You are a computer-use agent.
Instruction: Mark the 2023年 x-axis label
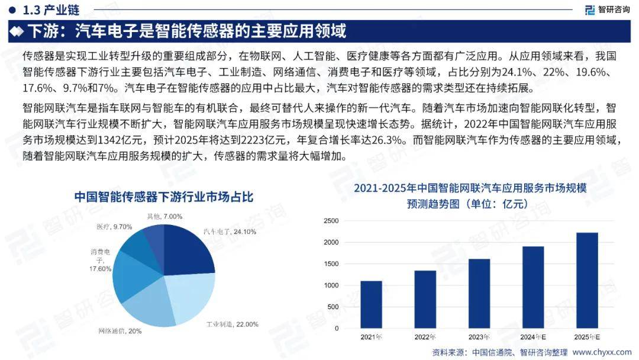479,337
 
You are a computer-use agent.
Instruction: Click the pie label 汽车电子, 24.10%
230,232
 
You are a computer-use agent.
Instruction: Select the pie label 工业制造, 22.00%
233,324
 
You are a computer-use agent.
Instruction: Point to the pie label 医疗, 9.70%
114,227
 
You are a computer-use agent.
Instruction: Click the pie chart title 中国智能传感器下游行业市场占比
163,197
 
